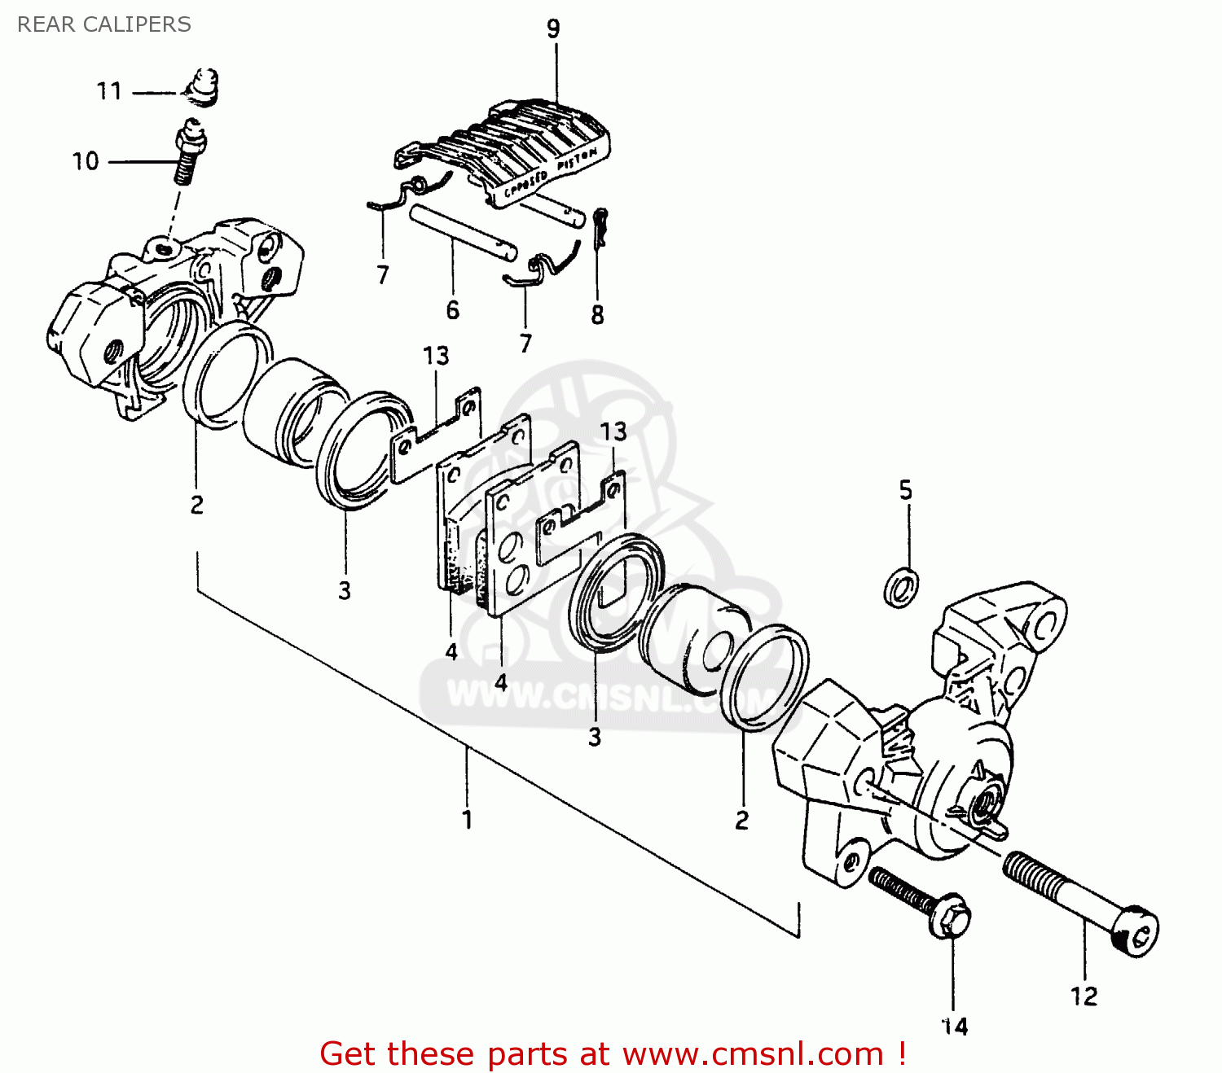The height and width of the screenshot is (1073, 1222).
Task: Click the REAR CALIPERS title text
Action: (x=104, y=24)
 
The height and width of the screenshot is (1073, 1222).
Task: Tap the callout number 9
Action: (x=553, y=29)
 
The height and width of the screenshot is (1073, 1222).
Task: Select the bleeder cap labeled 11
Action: (x=202, y=86)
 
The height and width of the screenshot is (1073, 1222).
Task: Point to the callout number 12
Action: (x=1084, y=996)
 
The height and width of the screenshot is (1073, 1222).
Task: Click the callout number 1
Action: (x=467, y=819)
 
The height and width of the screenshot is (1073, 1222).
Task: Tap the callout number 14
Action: (x=955, y=1027)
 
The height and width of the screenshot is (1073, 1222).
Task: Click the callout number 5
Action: (x=906, y=490)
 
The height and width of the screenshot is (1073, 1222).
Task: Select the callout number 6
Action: (x=453, y=310)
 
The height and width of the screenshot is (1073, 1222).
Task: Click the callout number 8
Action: (x=597, y=315)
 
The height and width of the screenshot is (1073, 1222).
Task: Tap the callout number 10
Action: (x=86, y=161)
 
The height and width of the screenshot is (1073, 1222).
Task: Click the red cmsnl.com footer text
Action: (x=613, y=1053)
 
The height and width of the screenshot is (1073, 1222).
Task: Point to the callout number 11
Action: (x=109, y=91)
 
